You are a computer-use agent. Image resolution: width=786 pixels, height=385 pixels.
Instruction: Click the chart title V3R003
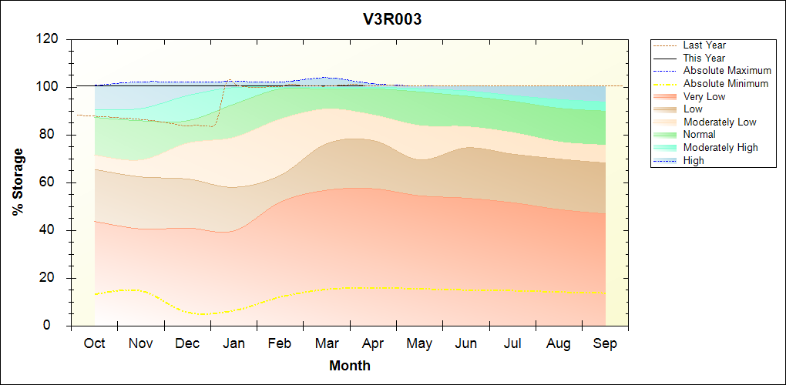point(392,19)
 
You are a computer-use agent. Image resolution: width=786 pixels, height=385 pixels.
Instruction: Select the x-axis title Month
point(350,366)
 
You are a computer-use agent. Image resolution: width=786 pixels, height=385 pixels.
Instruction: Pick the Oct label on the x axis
point(95,343)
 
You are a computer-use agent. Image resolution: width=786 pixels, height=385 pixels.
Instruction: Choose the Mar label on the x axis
point(327,343)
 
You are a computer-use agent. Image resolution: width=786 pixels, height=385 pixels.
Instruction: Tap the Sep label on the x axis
point(605,343)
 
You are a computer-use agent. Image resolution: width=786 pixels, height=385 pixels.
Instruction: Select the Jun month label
point(466,343)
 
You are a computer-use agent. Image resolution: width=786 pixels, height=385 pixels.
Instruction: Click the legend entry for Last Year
point(704,45)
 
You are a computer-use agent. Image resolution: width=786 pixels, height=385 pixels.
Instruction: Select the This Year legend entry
point(704,58)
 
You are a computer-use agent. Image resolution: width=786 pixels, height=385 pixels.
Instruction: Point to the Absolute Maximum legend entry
point(727,71)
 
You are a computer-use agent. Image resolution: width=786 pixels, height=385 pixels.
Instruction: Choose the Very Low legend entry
point(704,96)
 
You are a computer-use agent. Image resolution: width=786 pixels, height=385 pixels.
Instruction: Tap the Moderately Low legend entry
point(720,122)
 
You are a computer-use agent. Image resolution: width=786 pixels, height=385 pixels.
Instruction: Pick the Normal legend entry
point(699,135)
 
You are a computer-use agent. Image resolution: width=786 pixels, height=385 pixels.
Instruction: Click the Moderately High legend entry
point(720,147)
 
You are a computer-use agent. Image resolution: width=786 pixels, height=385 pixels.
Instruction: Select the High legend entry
point(694,160)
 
